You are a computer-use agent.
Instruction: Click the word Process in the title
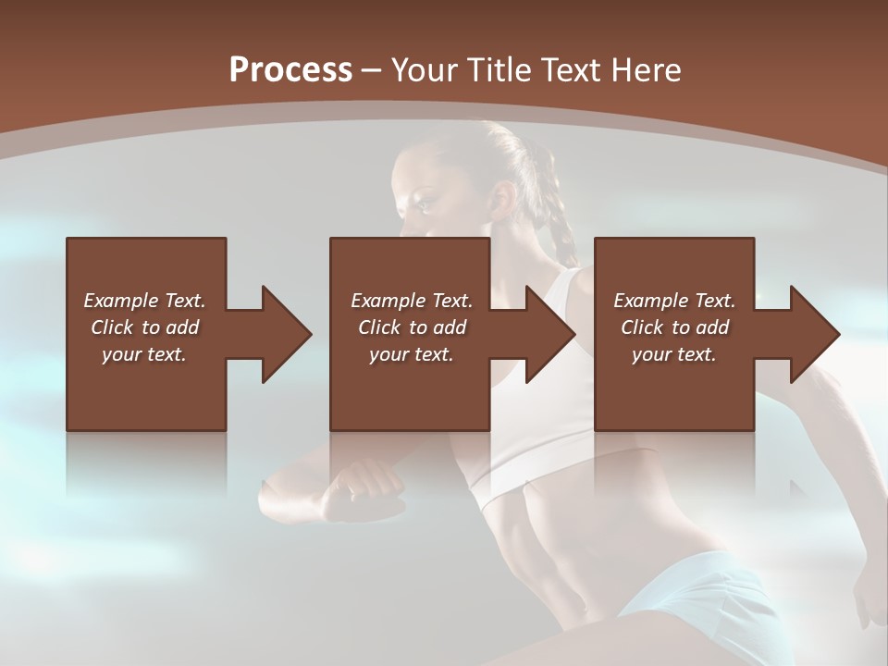tap(290, 70)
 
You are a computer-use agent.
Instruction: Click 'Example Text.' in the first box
tap(144, 301)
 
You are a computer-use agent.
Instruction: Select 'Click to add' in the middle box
tap(412, 327)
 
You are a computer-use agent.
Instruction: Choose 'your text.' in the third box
tap(674, 354)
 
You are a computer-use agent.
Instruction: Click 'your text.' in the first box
tap(144, 354)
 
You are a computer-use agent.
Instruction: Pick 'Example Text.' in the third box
tap(674, 301)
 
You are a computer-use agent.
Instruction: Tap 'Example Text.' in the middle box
tap(412, 301)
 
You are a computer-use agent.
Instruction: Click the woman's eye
tap(427, 197)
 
